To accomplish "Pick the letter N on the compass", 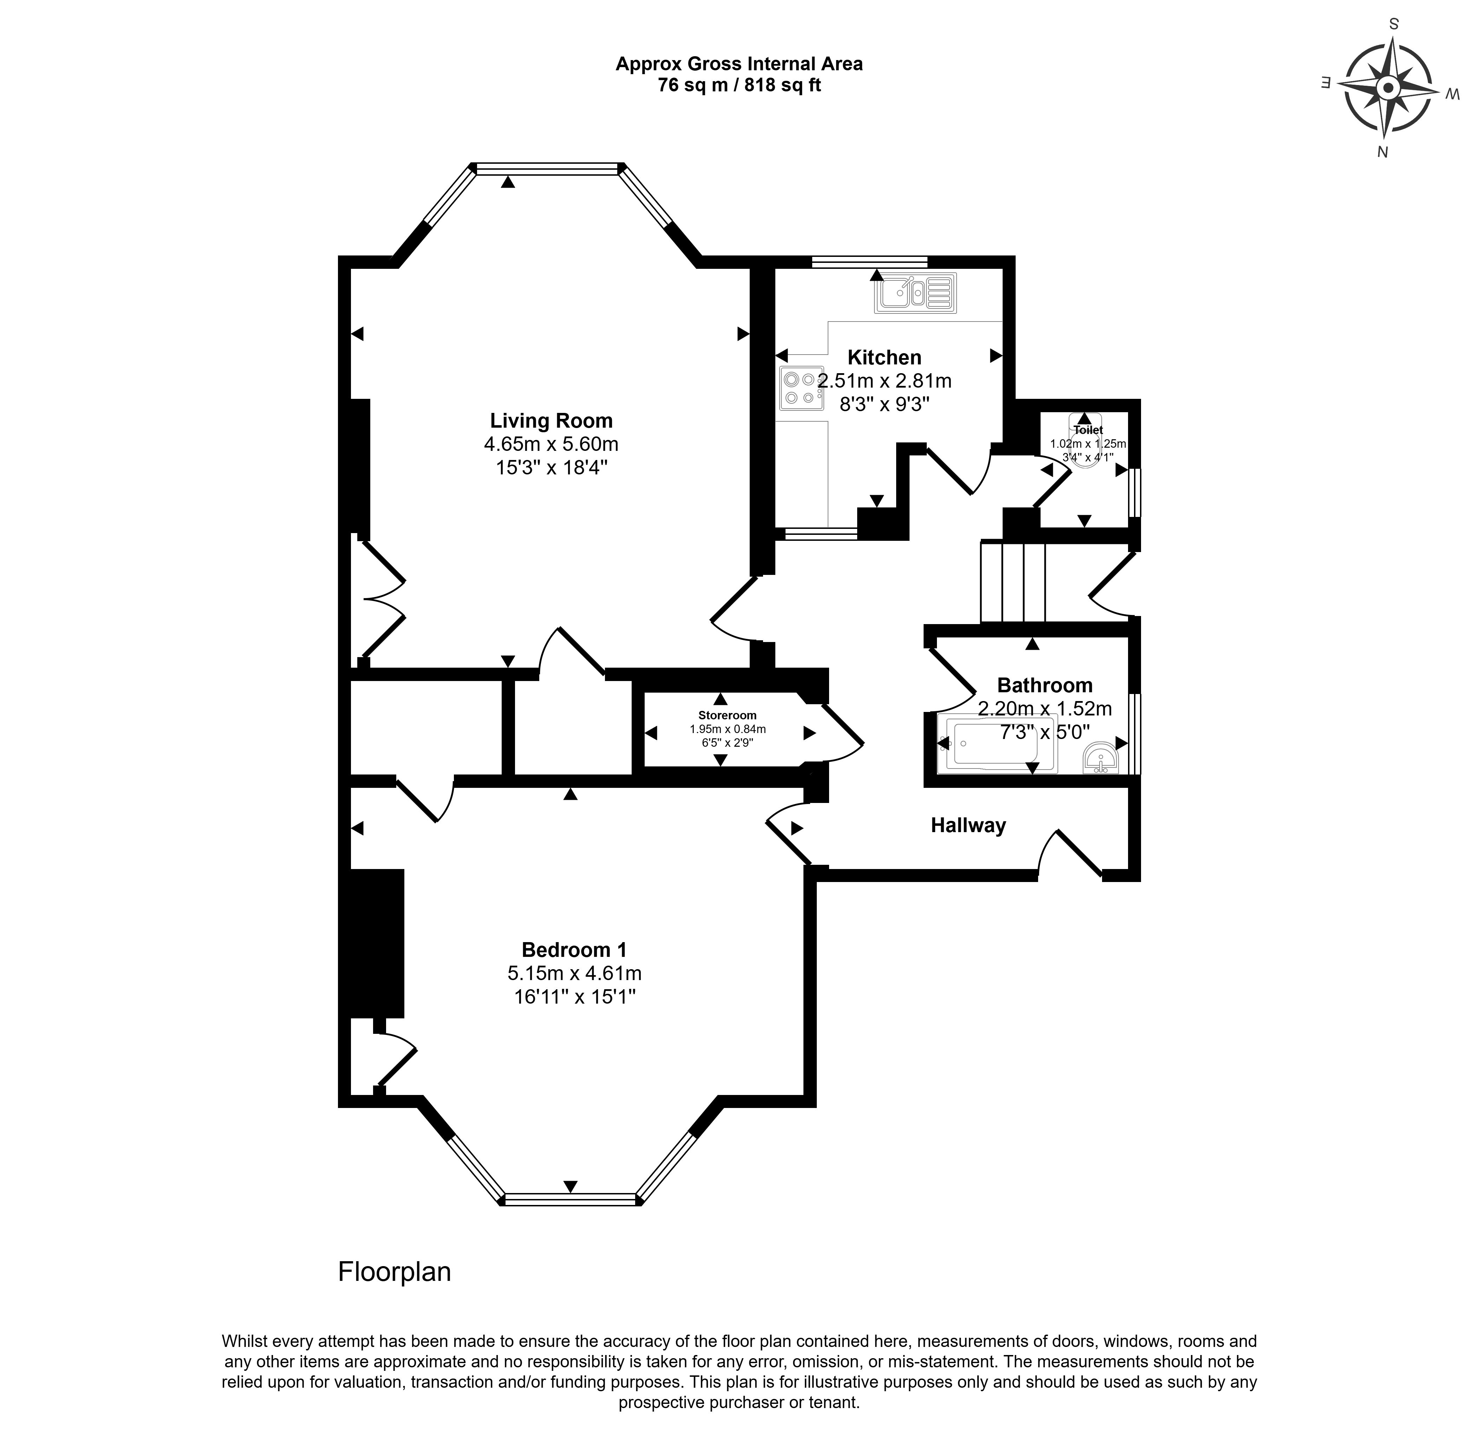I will tap(1382, 152).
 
